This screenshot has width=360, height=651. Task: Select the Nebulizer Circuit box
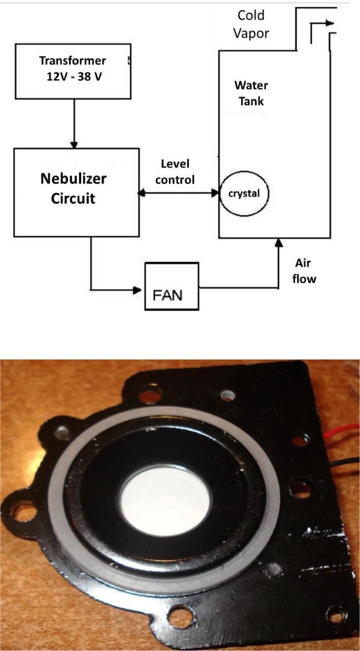[76, 192]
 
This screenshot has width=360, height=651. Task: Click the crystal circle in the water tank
[244, 193]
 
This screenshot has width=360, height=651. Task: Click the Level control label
[178, 171]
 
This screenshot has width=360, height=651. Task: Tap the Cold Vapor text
[252, 24]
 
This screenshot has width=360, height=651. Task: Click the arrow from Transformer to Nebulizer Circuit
[75, 122]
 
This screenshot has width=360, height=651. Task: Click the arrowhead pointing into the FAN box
[138, 290]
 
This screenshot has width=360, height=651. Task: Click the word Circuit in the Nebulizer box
[75, 198]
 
